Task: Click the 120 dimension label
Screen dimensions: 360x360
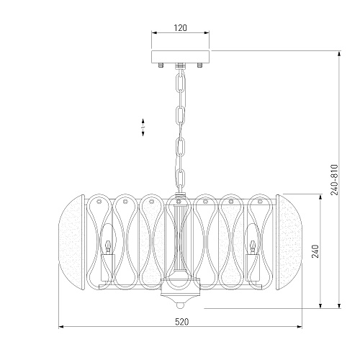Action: [x=180, y=28]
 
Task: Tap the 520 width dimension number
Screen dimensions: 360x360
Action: [x=181, y=322]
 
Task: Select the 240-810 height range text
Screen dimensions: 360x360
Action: [x=334, y=179]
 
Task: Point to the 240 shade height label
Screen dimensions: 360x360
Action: [x=315, y=251]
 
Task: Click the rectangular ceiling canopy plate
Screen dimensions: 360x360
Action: [x=180, y=57]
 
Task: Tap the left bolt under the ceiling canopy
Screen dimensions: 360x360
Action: [x=161, y=65]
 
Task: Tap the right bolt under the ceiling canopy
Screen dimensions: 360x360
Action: [x=199, y=65]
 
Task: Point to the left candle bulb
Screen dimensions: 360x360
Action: [x=109, y=246]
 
